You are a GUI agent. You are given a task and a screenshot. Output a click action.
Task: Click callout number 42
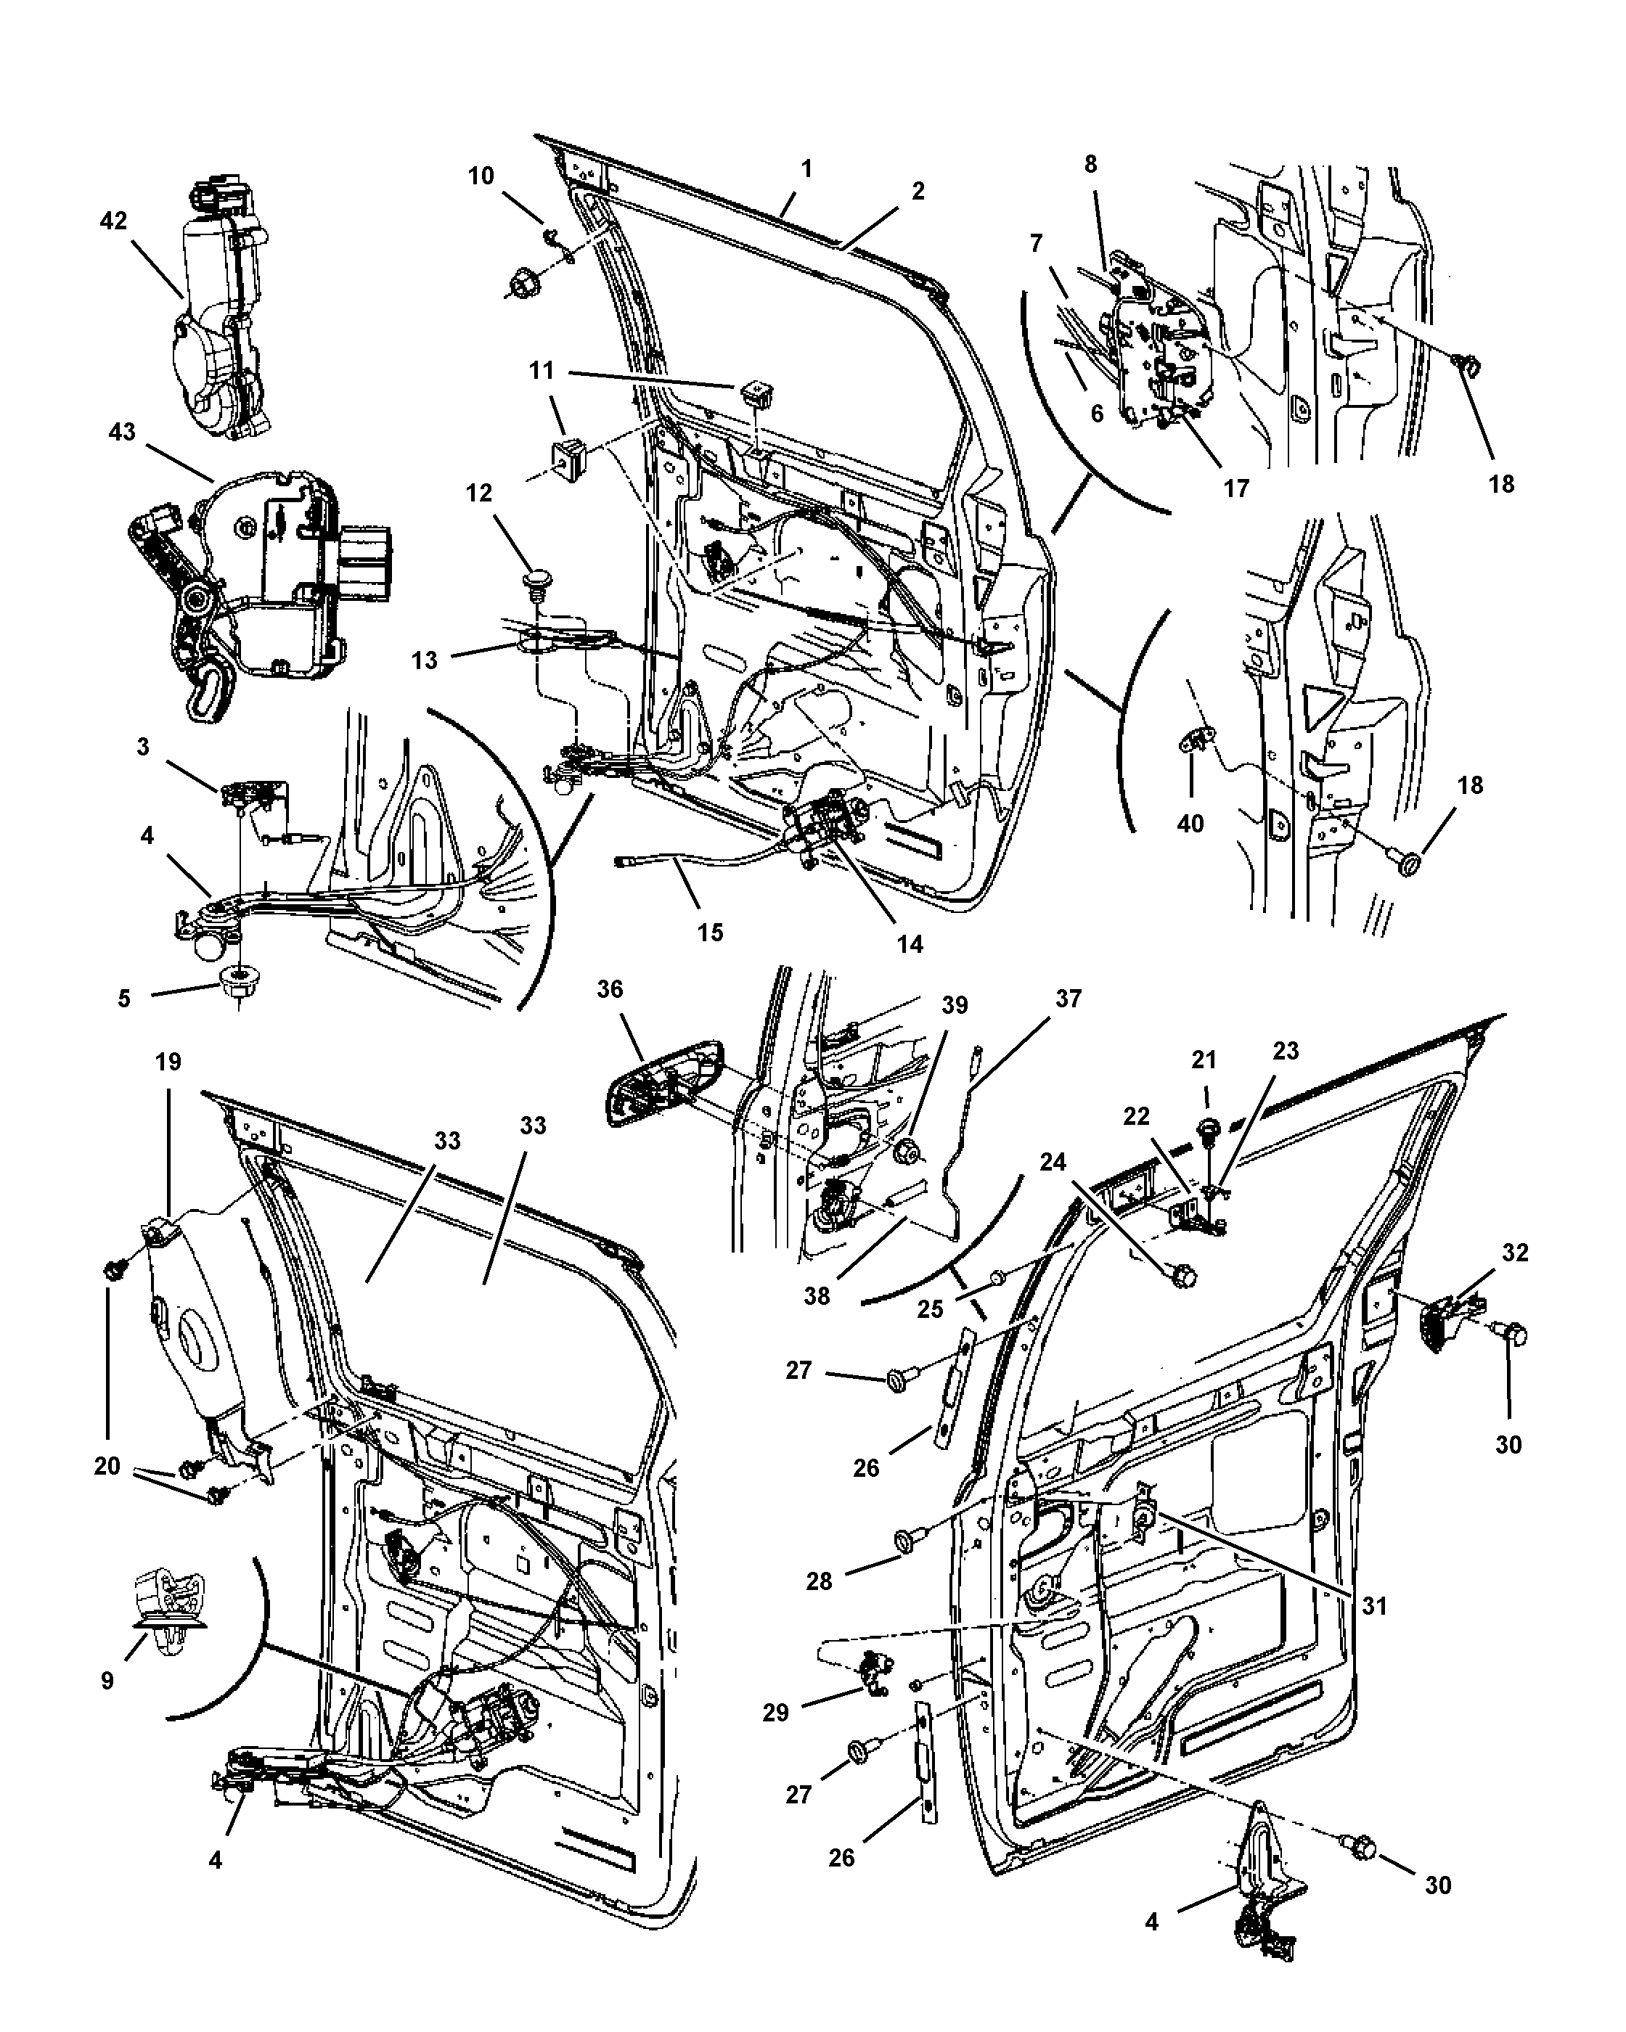pyautogui.click(x=113, y=221)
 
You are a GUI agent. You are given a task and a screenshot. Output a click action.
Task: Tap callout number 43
pyautogui.click(x=123, y=433)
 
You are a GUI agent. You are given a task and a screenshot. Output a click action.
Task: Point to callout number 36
pyautogui.click(x=610, y=990)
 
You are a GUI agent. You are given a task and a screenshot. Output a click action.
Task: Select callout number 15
pyautogui.click(x=710, y=932)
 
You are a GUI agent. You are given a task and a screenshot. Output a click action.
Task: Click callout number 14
pyautogui.click(x=910, y=943)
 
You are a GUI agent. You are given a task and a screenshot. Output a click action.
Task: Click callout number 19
pyautogui.click(x=168, y=1063)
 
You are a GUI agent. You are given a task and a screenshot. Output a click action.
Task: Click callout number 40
pyautogui.click(x=1190, y=823)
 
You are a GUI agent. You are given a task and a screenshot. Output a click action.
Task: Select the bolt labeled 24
pyautogui.click(x=1185, y=1276)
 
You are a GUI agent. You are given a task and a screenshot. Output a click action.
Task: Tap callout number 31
pyautogui.click(x=1374, y=1605)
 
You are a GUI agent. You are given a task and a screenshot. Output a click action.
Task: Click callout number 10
pyautogui.click(x=481, y=176)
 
